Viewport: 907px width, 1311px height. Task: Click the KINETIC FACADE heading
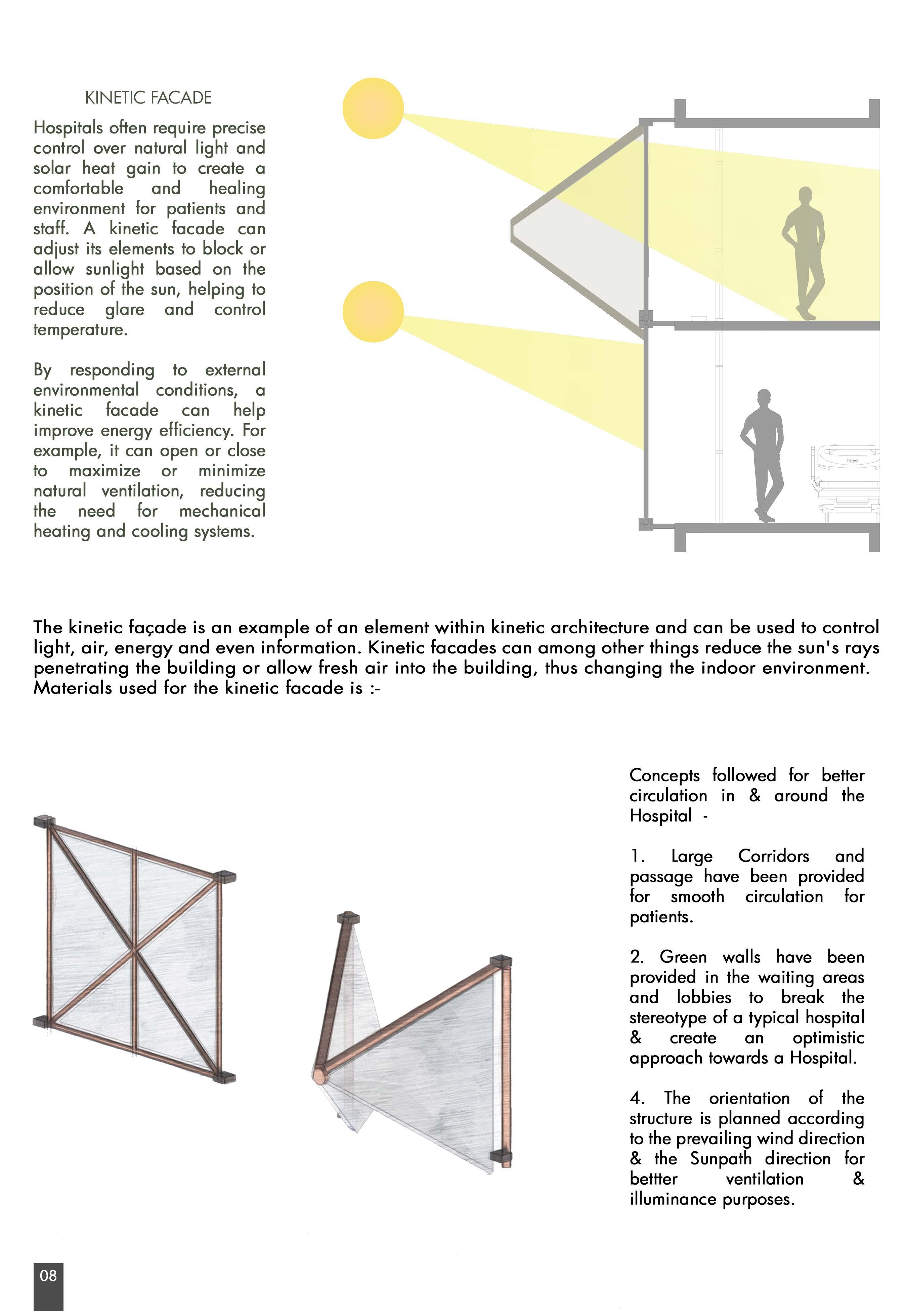coord(148,98)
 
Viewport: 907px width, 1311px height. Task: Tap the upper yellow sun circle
coord(373,108)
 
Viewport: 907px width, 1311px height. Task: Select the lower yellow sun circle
coord(373,312)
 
